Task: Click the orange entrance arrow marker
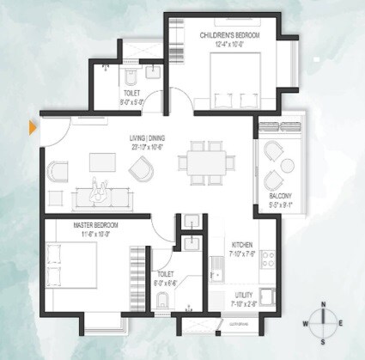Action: tap(33, 128)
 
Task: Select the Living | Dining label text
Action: tap(149, 137)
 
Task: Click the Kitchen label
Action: tap(240, 244)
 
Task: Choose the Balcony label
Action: tap(268, 197)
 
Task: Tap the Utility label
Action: tap(243, 295)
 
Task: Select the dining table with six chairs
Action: tap(205, 162)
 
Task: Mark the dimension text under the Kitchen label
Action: tap(240, 253)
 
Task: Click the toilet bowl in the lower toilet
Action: tap(161, 302)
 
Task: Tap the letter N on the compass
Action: tap(323, 304)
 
